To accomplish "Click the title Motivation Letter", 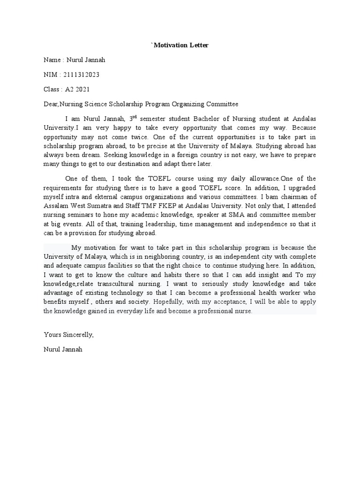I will click(180, 45).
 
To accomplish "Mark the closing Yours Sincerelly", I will click(69, 334).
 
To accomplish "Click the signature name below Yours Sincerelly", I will click(63, 349).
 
